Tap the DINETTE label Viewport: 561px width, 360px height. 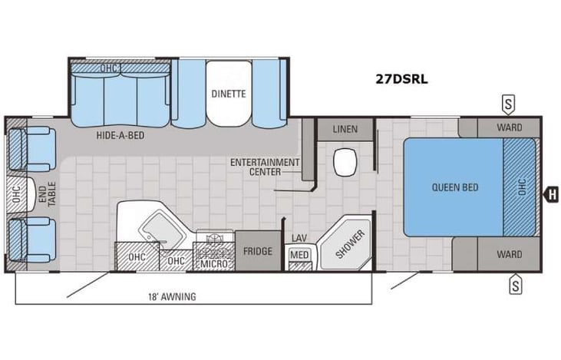[x=228, y=94]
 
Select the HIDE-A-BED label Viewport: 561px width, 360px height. [x=121, y=134]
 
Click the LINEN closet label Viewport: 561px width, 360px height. [x=345, y=129]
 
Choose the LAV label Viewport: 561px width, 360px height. [x=299, y=239]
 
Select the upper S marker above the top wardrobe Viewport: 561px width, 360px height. [x=507, y=103]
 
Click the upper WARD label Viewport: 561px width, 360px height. [x=508, y=127]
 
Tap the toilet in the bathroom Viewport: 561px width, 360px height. [x=345, y=161]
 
